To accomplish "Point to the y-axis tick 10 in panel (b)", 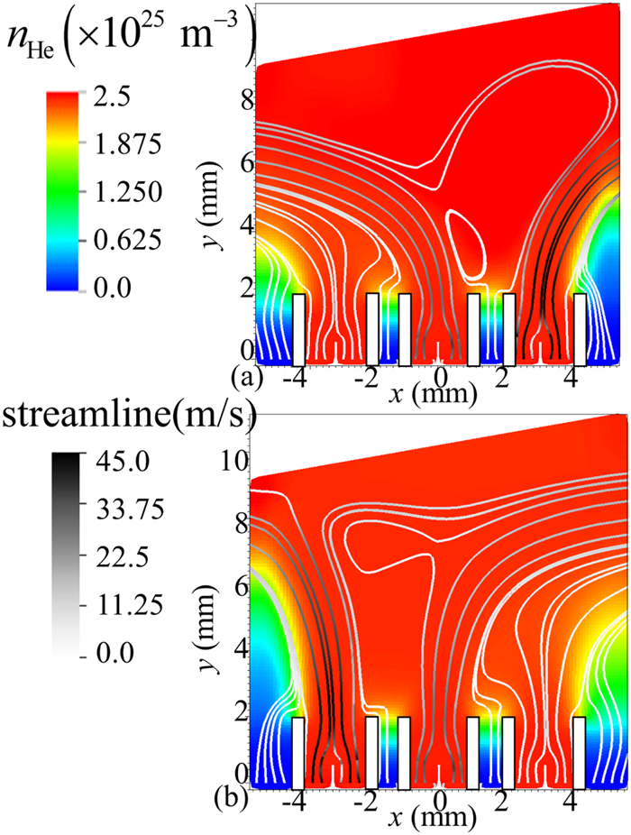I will (x=233, y=462).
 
